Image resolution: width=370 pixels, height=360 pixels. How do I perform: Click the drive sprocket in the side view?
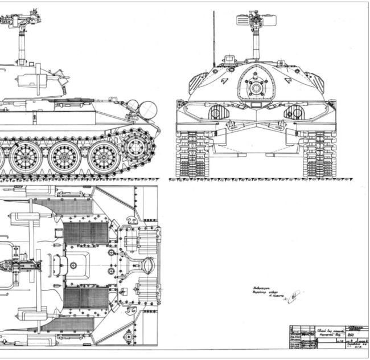(137, 147)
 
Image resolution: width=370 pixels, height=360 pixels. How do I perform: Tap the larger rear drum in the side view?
(147, 108)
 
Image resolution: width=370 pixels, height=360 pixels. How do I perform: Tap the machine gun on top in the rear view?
(256, 21)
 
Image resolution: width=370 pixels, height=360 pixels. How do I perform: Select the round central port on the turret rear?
(256, 88)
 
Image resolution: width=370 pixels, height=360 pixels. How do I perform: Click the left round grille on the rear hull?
(219, 112)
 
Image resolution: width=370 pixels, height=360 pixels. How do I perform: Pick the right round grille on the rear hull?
(293, 112)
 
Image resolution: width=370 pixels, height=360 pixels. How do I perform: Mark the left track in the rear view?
(192, 154)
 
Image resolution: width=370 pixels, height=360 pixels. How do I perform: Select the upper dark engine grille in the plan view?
(85, 233)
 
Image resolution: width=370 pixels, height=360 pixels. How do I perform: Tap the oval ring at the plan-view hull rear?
(149, 265)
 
